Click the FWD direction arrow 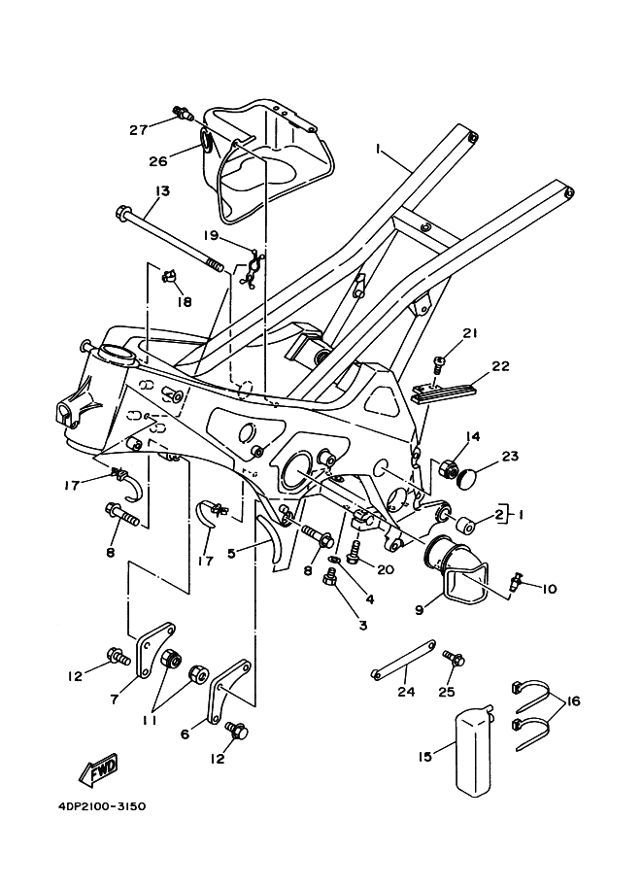(x=98, y=770)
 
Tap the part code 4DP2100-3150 (x=101, y=806)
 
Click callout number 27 (x=139, y=129)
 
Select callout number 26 (x=158, y=161)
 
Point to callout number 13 (x=162, y=191)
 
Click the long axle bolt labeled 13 (x=170, y=239)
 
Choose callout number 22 (x=500, y=366)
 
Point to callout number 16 (x=572, y=700)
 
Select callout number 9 (x=420, y=610)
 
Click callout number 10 (x=549, y=589)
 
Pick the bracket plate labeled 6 (x=230, y=692)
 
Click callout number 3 (x=362, y=625)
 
